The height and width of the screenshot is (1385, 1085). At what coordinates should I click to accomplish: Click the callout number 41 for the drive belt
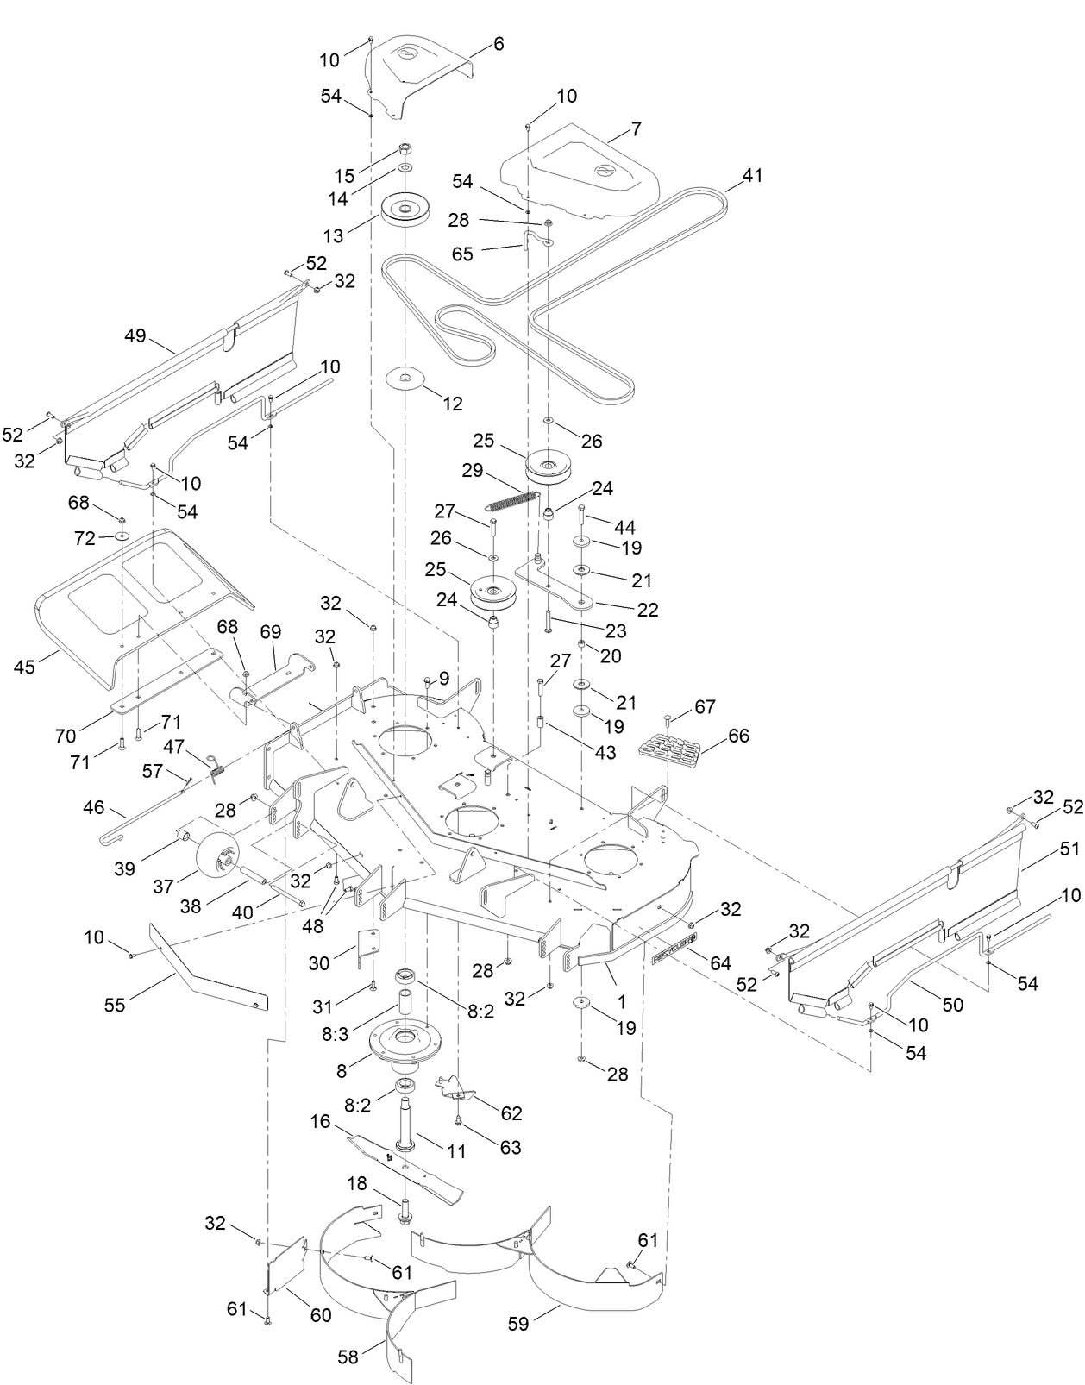[x=753, y=175]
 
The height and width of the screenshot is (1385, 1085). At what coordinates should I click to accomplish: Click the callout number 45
[x=25, y=667]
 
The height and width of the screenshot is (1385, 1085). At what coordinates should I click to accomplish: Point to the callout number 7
[x=637, y=129]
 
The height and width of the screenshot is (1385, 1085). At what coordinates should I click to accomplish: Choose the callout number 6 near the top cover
[x=499, y=45]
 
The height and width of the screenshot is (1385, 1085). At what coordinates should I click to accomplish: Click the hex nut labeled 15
[x=405, y=147]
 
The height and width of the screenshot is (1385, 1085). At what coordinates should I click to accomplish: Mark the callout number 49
[x=135, y=336]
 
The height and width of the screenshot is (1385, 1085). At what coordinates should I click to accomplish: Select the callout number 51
[x=1044, y=849]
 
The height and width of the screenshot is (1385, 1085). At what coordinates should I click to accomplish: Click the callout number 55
[x=115, y=1005]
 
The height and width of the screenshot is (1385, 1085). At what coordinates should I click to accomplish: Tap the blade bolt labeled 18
[x=405, y=1216]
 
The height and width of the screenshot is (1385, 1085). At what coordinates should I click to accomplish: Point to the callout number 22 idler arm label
[x=647, y=610]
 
